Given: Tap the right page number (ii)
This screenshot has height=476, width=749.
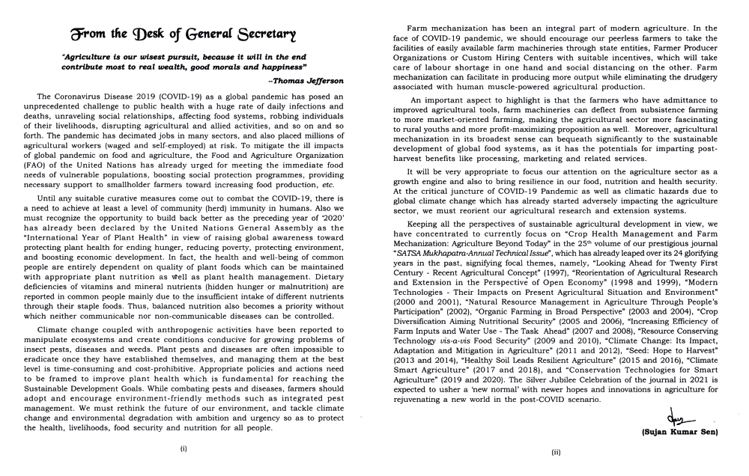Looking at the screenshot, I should pyautogui.click(x=555, y=452).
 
